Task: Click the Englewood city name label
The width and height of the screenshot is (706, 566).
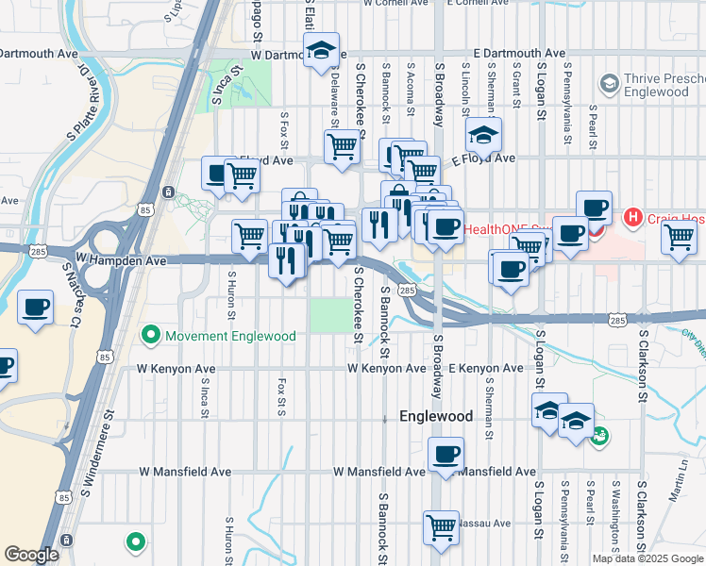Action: (435, 416)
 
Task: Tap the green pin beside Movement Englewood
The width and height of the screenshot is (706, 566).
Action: (149, 336)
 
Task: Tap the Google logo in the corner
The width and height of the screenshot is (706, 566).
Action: (31, 555)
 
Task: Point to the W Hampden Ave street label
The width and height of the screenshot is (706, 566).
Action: (121, 258)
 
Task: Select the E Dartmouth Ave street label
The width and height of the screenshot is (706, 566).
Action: (518, 54)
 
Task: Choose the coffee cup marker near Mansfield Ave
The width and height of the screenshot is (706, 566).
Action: (446, 455)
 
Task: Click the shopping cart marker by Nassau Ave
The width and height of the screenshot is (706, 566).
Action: (441, 527)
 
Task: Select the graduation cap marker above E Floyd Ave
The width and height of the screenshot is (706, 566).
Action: (483, 135)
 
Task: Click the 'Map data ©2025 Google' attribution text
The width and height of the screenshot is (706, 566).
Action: (647, 558)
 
